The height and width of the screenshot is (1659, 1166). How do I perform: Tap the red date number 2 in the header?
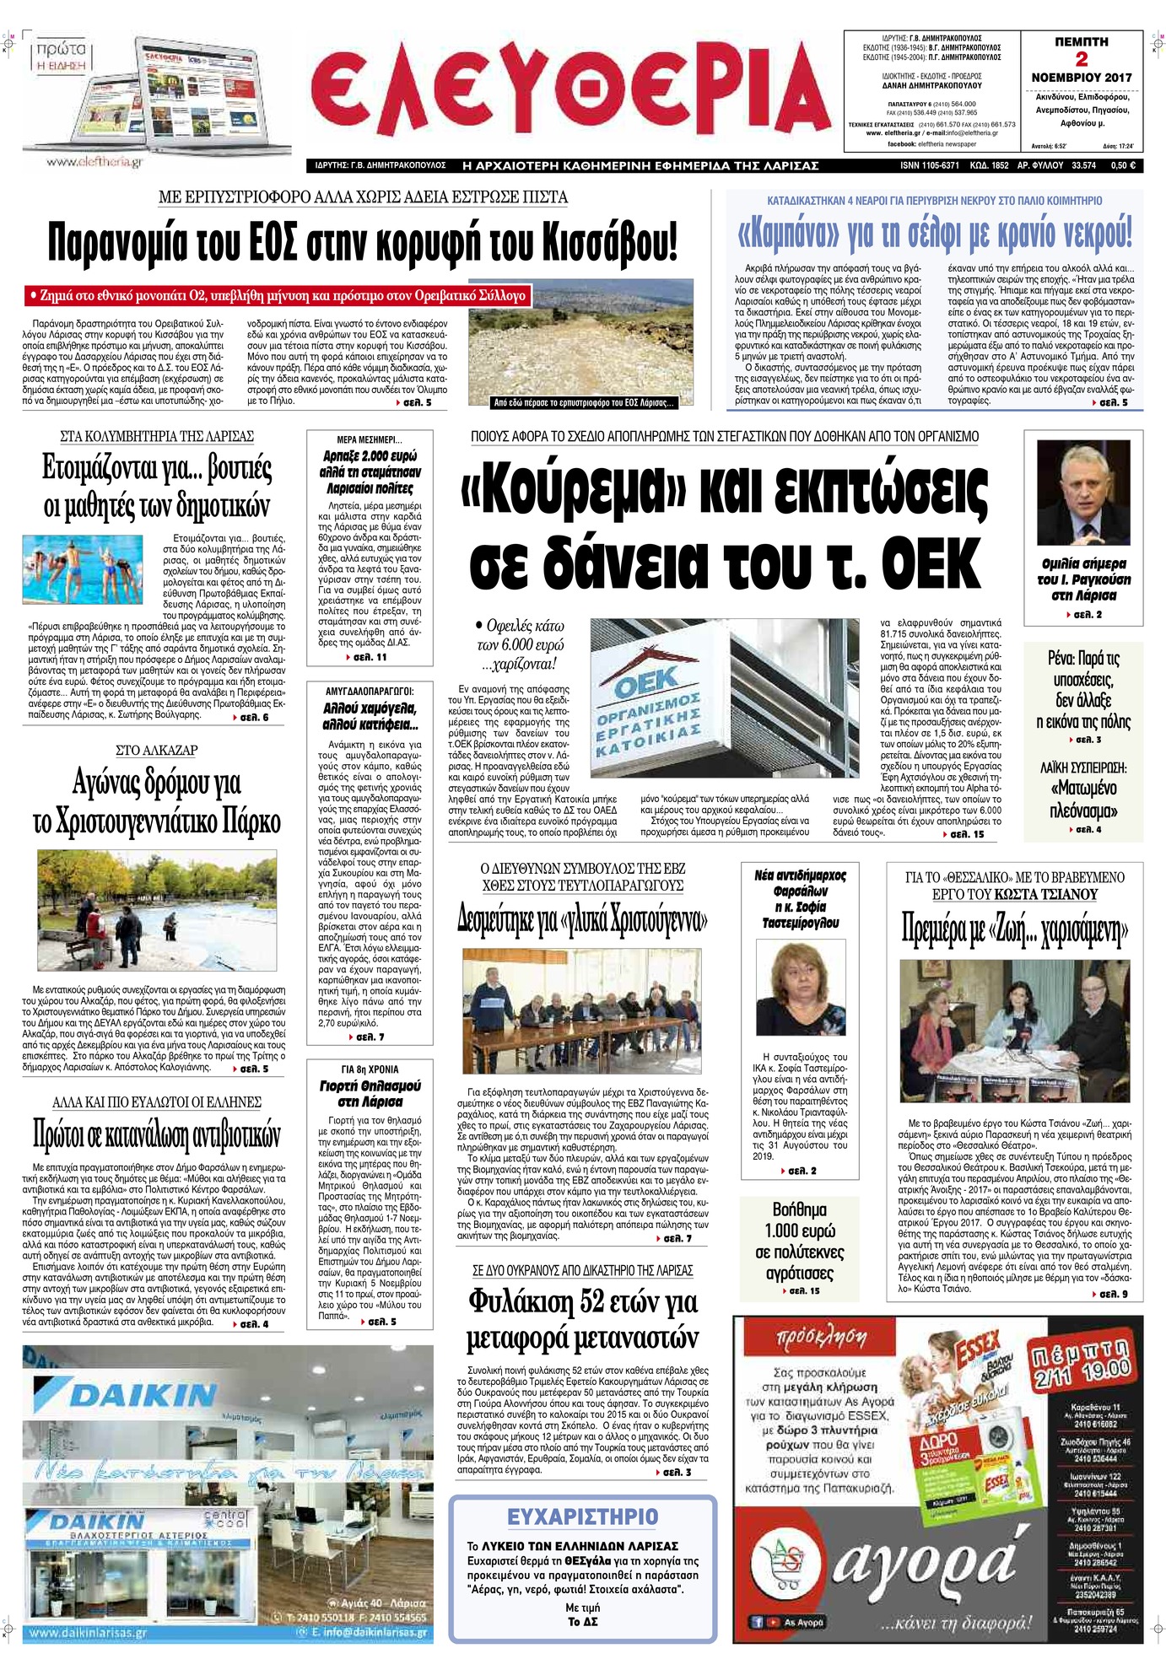click(1081, 59)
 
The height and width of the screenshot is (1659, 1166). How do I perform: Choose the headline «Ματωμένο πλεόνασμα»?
click(1083, 799)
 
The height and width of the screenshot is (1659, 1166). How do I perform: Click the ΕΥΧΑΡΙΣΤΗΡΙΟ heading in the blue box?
click(582, 1516)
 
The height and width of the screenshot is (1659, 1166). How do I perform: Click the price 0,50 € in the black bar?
click(1123, 166)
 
